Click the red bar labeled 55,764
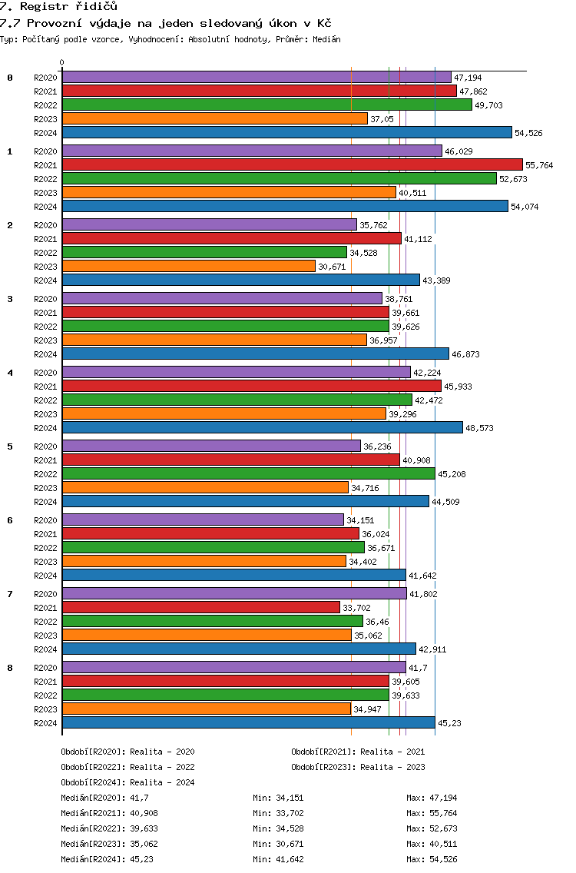point(293,164)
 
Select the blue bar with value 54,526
point(287,132)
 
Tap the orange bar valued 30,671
point(189,266)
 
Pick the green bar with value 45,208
point(249,474)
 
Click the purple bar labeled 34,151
point(203,520)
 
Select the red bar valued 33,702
point(201,607)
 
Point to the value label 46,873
point(465,354)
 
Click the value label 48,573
point(479,428)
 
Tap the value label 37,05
point(382,119)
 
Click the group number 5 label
point(10,446)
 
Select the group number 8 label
point(10,668)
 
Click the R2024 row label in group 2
point(45,280)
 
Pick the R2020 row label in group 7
point(45,594)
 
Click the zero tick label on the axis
point(61,62)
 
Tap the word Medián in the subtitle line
point(326,39)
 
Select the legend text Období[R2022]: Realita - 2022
point(128,767)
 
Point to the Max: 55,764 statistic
point(432,813)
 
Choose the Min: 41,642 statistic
point(278,860)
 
